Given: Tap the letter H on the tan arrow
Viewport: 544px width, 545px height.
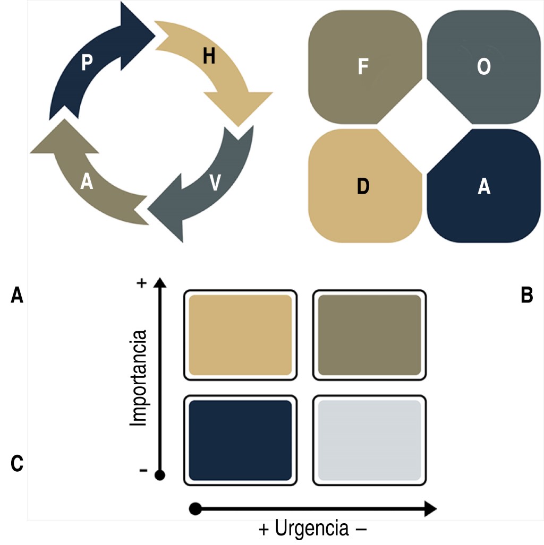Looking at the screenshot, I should [209, 57].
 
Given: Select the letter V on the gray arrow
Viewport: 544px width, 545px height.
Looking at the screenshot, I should [215, 183].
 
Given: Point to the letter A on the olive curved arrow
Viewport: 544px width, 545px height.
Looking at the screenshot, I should [87, 182].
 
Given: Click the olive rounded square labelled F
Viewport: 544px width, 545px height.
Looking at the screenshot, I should [363, 68].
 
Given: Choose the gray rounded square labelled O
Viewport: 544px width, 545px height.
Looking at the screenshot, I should [483, 68].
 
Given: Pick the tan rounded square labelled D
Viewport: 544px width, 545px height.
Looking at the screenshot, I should [363, 187].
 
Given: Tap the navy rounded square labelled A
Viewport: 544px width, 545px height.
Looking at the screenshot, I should [483, 187].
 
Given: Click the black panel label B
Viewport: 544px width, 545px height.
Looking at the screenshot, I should [526, 295].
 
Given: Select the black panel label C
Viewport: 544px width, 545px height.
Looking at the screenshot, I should [17, 463].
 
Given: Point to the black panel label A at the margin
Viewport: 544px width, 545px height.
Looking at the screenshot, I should [17, 295].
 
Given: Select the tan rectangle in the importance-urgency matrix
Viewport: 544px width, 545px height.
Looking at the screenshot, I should [240, 335].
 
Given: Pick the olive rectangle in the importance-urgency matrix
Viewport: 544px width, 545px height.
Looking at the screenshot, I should [369, 335].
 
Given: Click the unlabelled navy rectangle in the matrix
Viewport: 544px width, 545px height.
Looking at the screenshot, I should [240, 440].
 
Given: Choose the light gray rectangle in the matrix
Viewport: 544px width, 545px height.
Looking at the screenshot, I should [369, 440].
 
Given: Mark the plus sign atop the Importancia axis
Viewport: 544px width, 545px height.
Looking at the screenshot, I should [141, 283].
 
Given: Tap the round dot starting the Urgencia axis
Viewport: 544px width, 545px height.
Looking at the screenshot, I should [195, 509].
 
